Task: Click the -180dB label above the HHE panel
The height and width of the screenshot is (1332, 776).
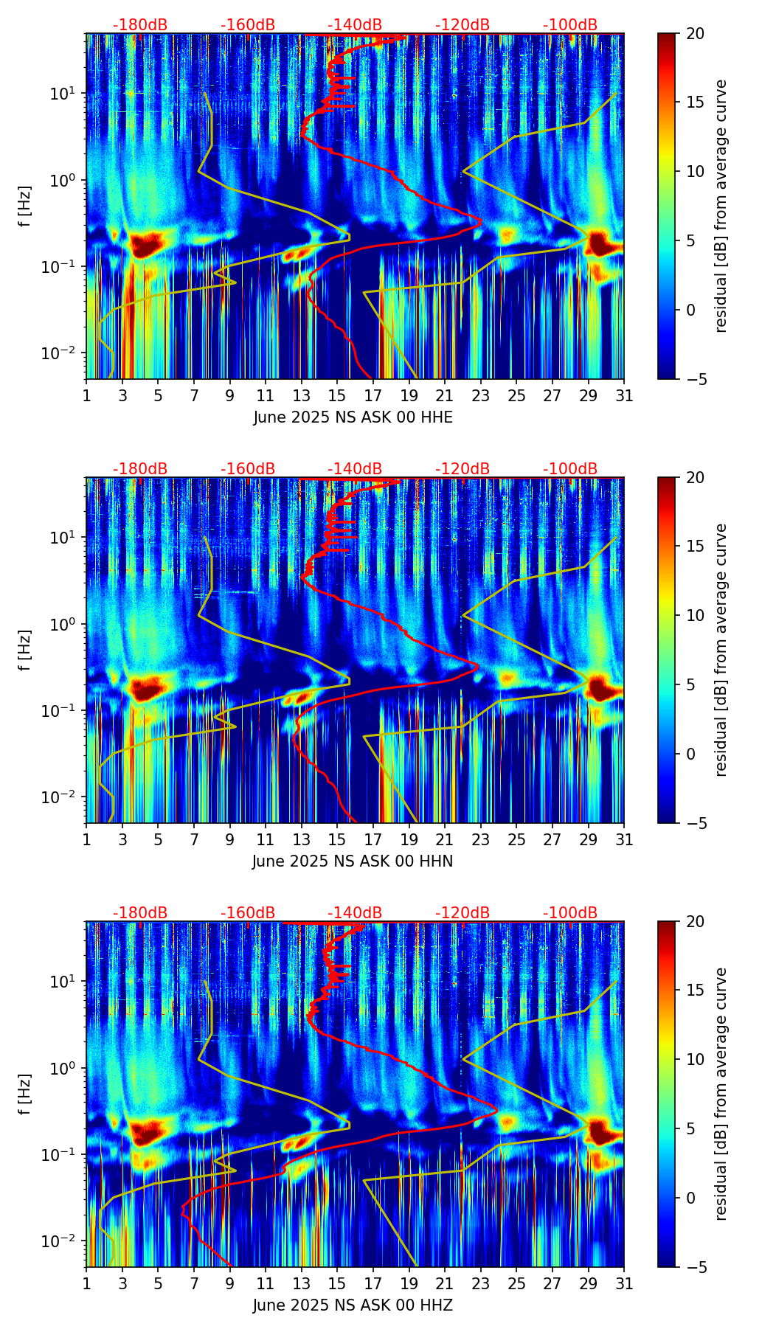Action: [x=140, y=25]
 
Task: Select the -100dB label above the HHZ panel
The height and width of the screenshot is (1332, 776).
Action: [x=570, y=913]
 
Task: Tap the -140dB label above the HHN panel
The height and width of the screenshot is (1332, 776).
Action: [x=355, y=469]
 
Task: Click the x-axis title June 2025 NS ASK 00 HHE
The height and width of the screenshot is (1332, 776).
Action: [x=353, y=417]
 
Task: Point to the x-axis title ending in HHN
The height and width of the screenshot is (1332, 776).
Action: [x=353, y=861]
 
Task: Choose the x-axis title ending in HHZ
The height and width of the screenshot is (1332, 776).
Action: [x=353, y=1305]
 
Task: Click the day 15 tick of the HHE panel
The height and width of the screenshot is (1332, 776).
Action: [x=337, y=395]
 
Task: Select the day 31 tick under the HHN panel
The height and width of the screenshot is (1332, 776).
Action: [x=624, y=839]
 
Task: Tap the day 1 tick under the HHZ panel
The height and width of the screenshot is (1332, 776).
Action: [x=86, y=1283]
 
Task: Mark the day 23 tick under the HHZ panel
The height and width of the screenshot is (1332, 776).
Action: [x=481, y=1283]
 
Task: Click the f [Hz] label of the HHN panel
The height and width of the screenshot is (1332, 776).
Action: [x=25, y=650]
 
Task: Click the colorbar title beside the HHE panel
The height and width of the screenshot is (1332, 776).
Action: [x=721, y=206]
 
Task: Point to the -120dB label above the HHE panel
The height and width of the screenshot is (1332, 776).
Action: [x=463, y=25]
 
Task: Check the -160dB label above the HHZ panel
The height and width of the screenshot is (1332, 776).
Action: [x=248, y=913]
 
